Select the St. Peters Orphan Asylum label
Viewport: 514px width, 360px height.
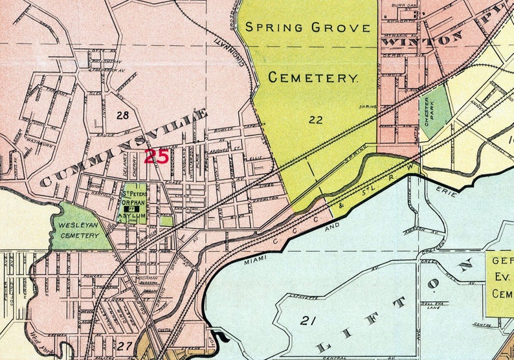click(135, 201)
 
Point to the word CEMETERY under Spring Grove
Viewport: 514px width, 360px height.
click(313, 78)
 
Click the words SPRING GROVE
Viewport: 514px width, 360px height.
click(307, 28)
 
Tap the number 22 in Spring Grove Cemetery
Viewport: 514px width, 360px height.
click(316, 119)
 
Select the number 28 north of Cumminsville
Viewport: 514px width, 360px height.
click(123, 115)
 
